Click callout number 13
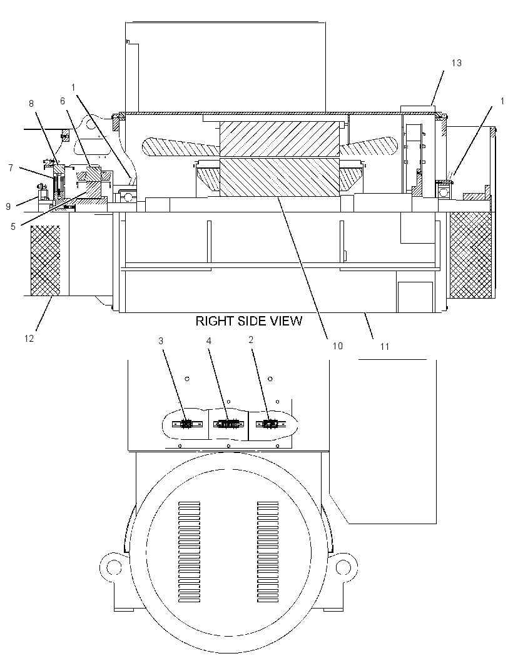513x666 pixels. (456, 63)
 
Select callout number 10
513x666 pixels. (337, 345)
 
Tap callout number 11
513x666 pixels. (385, 347)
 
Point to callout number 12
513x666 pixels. (29, 339)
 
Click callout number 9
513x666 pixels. (8, 206)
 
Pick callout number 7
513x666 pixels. (11, 168)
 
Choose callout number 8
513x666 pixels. (31, 104)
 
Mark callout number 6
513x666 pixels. (63, 101)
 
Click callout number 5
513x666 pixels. (13, 226)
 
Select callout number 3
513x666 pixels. (161, 340)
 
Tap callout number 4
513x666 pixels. (209, 340)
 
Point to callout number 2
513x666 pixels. (251, 340)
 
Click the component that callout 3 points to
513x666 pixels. (186, 424)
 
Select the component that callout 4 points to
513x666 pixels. (229, 424)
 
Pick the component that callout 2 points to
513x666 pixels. (270, 424)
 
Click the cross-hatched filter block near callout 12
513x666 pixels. (46, 261)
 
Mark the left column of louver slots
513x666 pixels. (189, 552)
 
